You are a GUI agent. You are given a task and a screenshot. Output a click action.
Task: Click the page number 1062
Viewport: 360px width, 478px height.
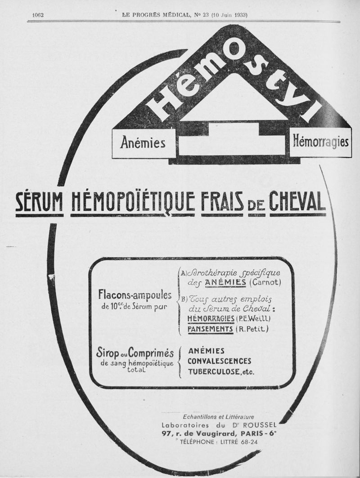pos(38,15)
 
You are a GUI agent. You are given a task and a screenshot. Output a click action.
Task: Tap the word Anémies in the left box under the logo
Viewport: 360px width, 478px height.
pos(143,143)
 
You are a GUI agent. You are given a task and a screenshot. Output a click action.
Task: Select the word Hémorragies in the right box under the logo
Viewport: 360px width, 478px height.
pos(320,142)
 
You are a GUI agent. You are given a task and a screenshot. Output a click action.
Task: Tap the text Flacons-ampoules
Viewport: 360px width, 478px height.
pos(135,295)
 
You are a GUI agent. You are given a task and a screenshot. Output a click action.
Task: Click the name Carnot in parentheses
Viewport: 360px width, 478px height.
pos(265,282)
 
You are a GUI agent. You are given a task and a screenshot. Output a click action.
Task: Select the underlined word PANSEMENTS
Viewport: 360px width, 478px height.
pos(210,329)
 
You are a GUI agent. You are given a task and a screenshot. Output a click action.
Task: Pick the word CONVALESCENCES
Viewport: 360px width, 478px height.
pos(219,361)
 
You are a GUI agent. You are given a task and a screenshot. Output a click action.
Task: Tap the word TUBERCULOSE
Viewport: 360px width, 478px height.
pos(214,372)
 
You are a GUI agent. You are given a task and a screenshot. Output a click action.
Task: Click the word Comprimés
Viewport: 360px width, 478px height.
pos(151,353)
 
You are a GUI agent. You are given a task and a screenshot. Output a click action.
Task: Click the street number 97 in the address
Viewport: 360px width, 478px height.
pos(166,433)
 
